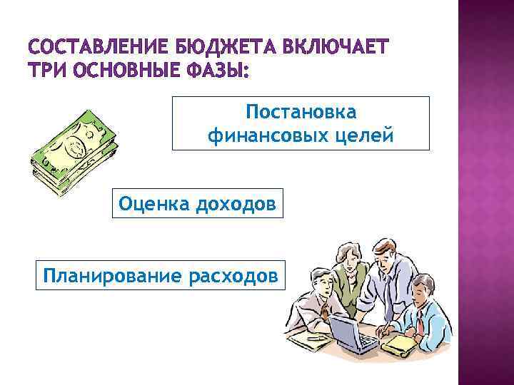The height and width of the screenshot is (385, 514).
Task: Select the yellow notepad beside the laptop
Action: (400, 344)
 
